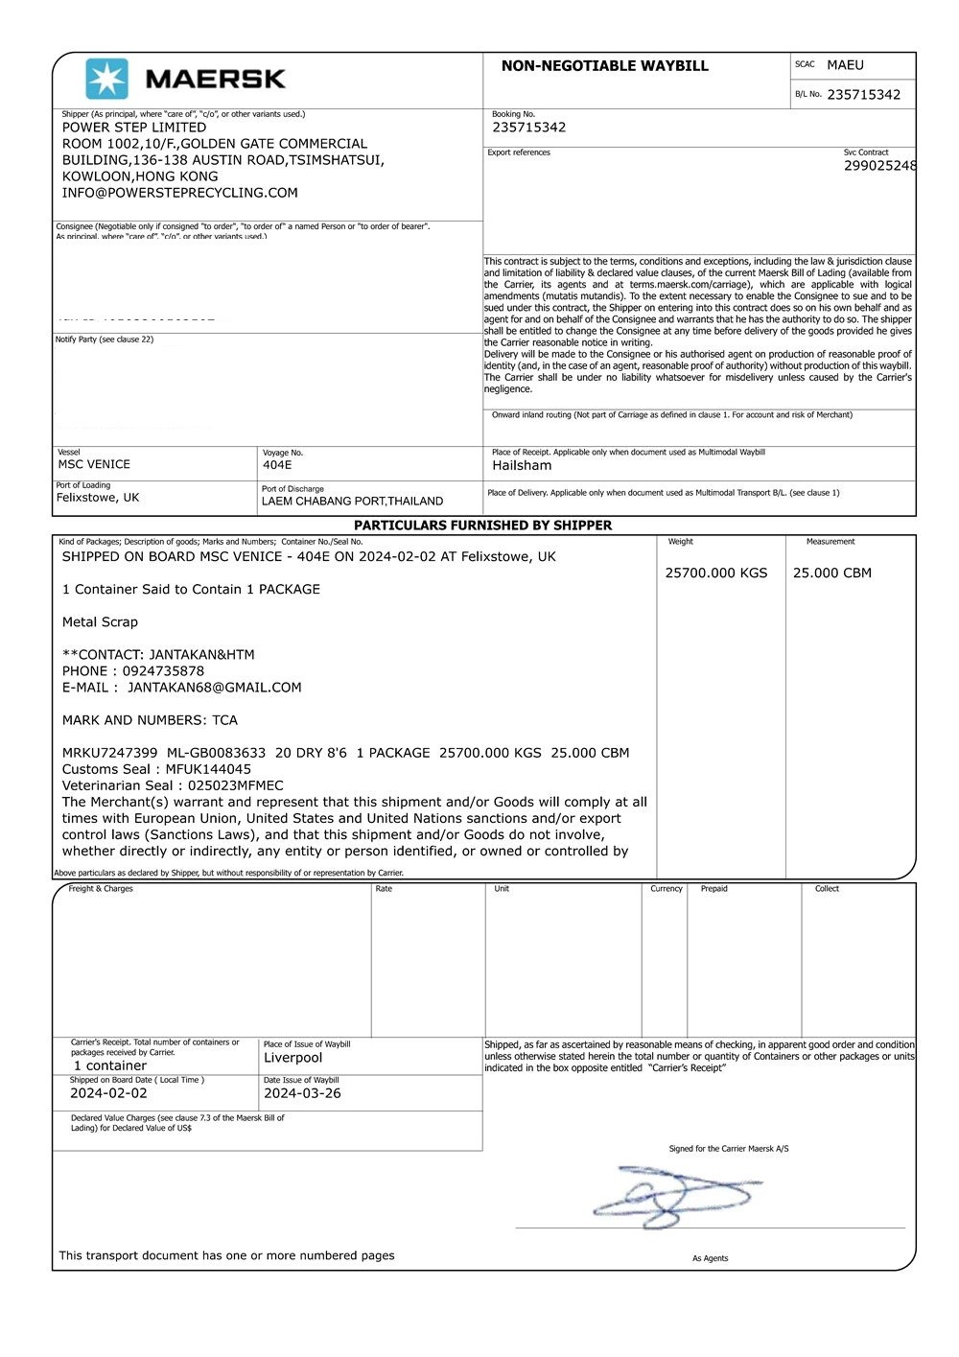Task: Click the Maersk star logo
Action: tap(106, 79)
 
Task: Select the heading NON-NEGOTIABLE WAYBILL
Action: tap(604, 66)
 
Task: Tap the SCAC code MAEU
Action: tap(845, 65)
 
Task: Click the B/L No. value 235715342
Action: tap(863, 95)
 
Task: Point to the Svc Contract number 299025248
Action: tap(879, 166)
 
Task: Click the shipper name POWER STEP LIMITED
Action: tap(134, 128)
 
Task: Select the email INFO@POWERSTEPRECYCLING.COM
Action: tap(180, 193)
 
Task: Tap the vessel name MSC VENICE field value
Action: tap(94, 464)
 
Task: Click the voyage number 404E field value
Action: tap(277, 465)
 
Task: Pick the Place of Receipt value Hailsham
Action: tap(522, 466)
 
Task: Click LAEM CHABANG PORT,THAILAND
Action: tap(352, 502)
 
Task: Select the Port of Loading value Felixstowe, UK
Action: tap(98, 498)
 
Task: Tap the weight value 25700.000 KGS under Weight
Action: tap(716, 573)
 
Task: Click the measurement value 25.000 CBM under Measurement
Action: tap(831, 573)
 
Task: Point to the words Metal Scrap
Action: tap(100, 622)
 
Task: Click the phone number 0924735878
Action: tap(163, 671)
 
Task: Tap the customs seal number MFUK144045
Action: tap(208, 769)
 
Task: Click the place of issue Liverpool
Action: tap(292, 1058)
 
